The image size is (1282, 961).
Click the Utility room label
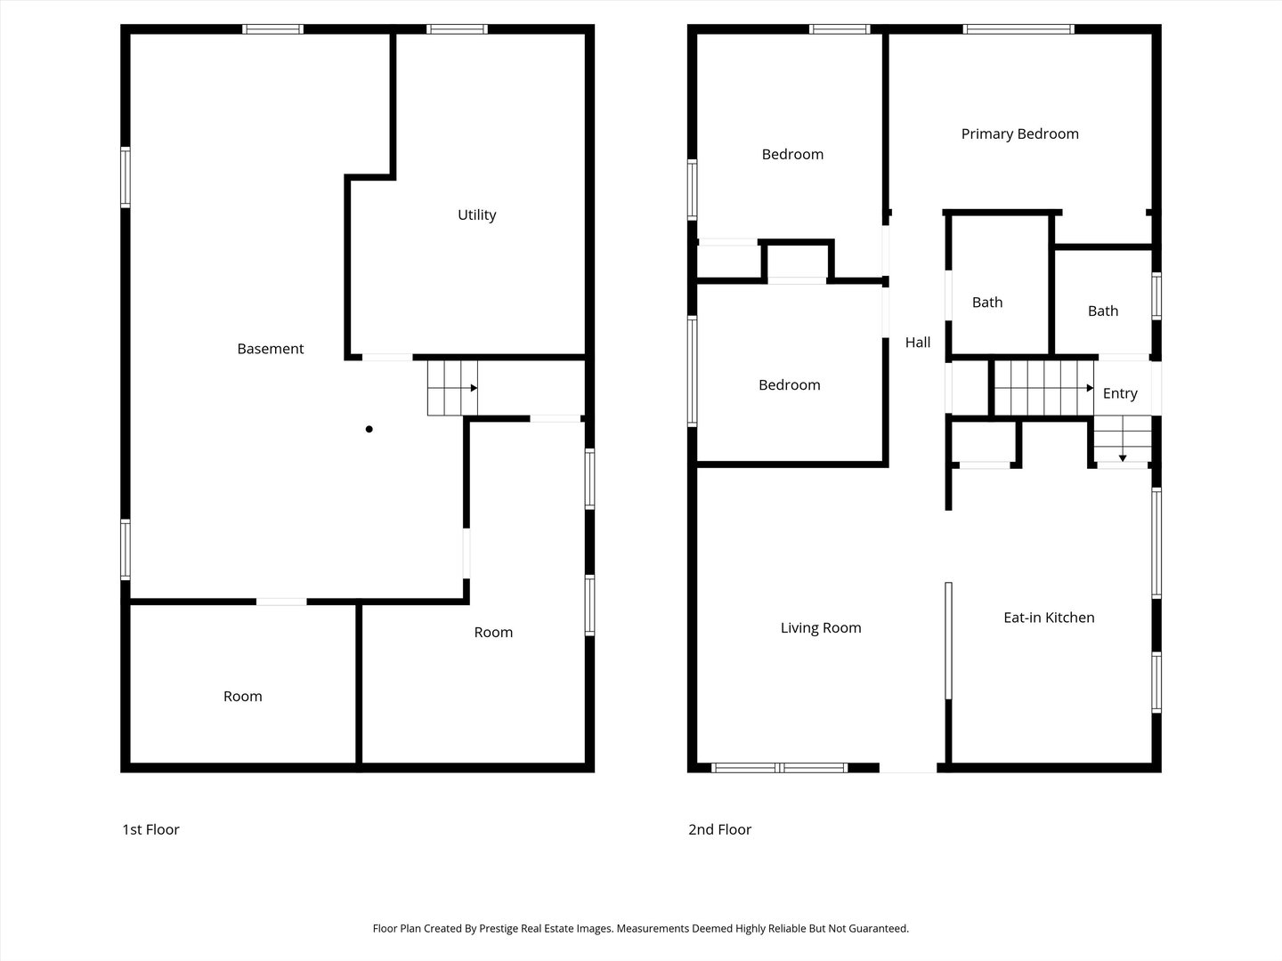[x=476, y=214]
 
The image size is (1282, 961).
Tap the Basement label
[x=271, y=349]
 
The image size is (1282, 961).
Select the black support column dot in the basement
[x=369, y=430]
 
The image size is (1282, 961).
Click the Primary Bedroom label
[x=1019, y=134]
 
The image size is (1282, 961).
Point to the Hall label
[x=918, y=343]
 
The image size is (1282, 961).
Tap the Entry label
[x=1120, y=394]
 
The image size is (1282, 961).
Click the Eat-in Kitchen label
[x=1049, y=618]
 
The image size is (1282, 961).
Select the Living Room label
[x=821, y=628]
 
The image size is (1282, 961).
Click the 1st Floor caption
[x=150, y=829]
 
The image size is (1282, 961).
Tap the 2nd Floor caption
[x=719, y=829]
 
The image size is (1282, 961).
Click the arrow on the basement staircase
[x=461, y=388]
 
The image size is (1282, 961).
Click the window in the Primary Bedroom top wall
[x=1018, y=29]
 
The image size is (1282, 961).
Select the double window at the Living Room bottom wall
[x=780, y=768]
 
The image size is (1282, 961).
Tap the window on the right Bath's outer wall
[x=1156, y=295]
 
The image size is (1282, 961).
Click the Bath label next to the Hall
[x=987, y=303]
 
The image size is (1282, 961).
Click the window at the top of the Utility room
[x=457, y=29]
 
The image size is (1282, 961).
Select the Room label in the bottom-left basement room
[x=242, y=696]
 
